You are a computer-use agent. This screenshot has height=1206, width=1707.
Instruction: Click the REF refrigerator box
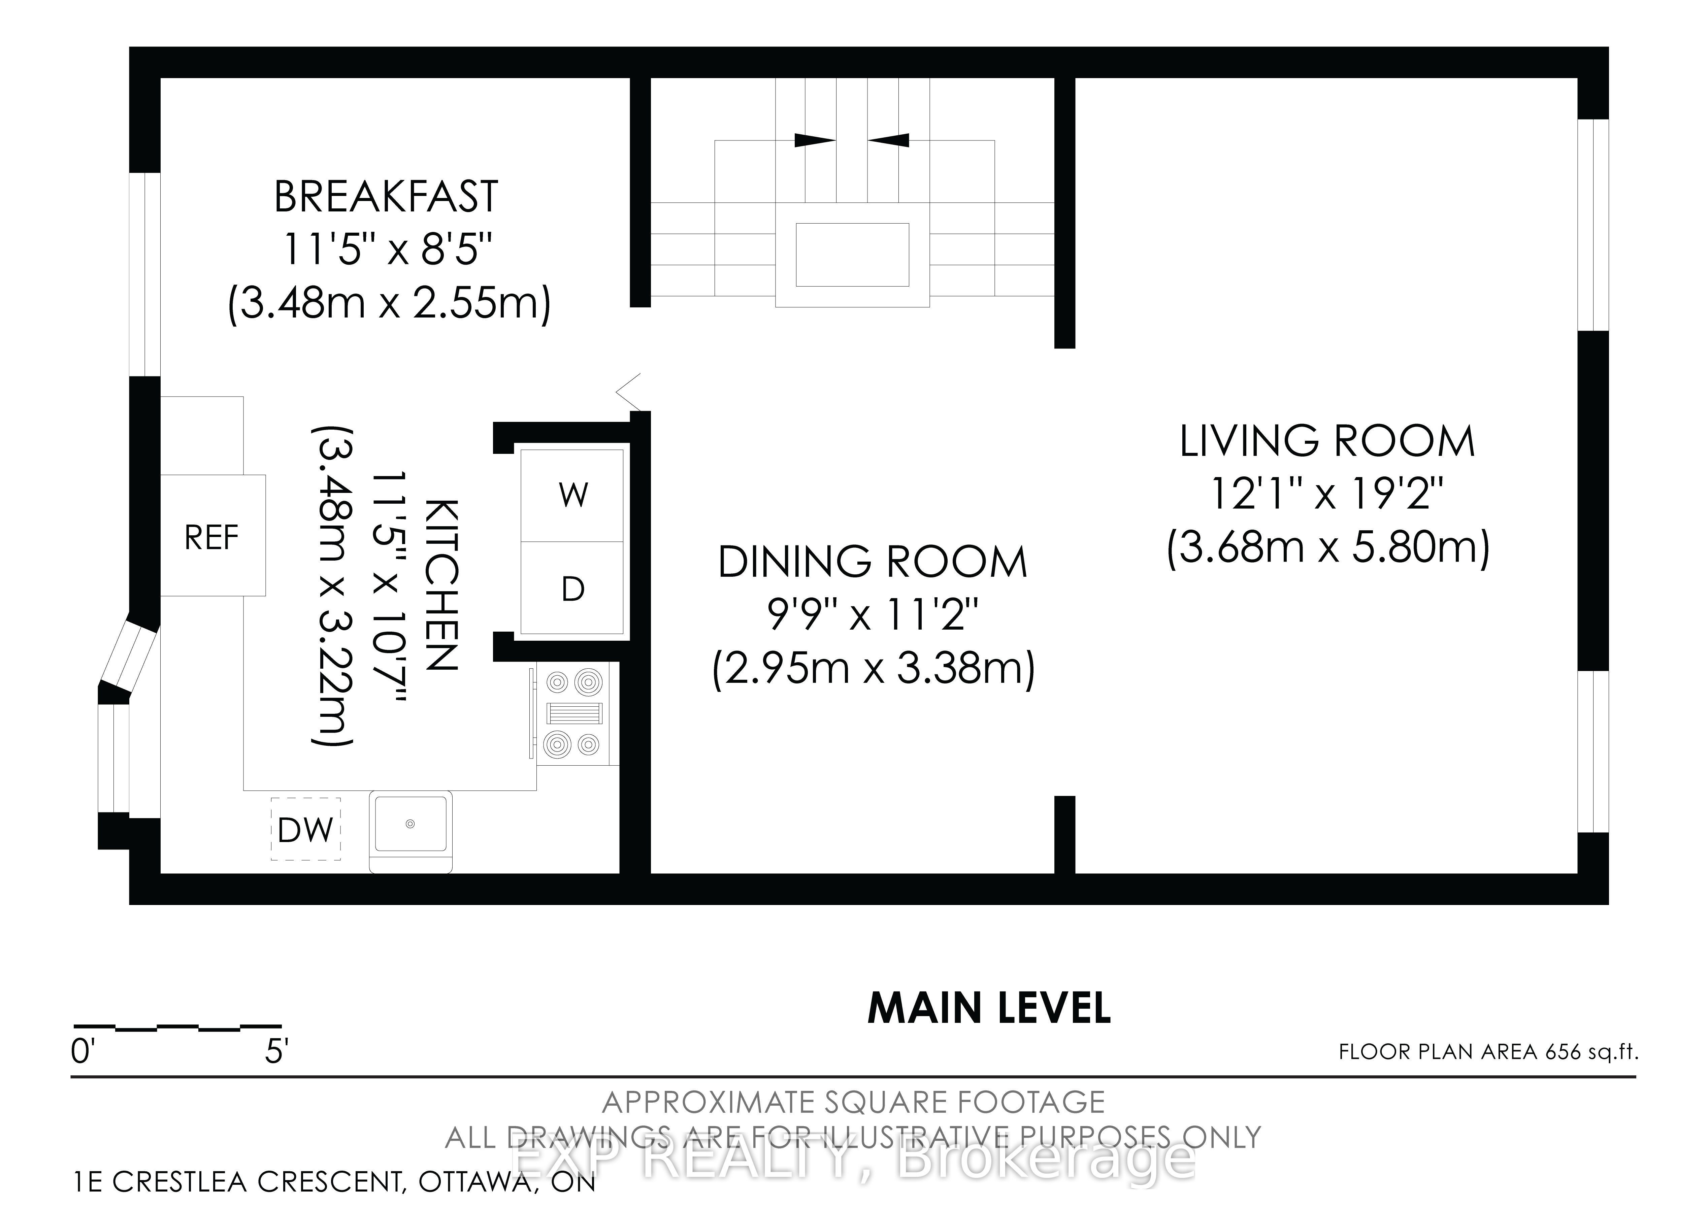[x=212, y=535]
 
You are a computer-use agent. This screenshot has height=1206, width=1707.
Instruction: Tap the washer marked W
[x=572, y=495]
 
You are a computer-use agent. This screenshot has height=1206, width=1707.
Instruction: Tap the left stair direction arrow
[x=815, y=140]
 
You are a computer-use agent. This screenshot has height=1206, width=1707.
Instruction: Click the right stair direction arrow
[x=888, y=140]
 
